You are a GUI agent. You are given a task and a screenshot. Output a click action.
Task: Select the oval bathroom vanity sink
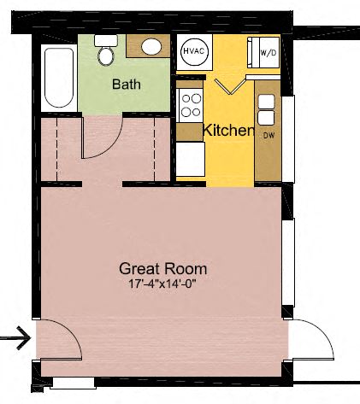[x=151, y=47]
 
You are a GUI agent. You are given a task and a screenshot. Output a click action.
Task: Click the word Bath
[x=127, y=84]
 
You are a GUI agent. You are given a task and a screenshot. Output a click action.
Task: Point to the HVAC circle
[x=192, y=50]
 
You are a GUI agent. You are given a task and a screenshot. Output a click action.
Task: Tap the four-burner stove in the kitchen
[x=189, y=108]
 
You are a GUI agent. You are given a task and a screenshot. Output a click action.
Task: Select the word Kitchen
[x=228, y=131]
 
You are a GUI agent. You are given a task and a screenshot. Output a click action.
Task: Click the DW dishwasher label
[x=269, y=136]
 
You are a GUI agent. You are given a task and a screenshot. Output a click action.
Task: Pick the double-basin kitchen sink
[x=266, y=108]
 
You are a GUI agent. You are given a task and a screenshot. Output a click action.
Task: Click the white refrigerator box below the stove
[x=189, y=158]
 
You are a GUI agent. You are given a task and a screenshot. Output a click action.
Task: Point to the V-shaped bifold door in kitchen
[x=230, y=86]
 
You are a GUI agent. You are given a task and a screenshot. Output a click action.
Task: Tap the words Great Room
[x=162, y=267]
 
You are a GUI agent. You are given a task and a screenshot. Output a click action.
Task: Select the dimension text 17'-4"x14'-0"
[x=162, y=283]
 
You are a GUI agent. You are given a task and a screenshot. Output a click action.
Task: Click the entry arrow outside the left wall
[x=15, y=339]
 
